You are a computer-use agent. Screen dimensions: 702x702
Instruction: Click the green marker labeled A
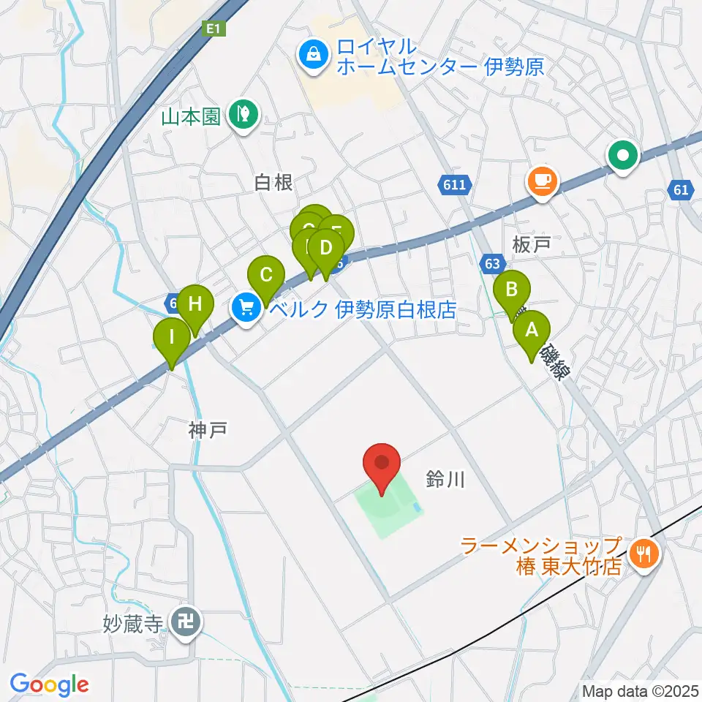click(532, 331)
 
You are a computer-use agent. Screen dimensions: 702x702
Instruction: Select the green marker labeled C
click(266, 276)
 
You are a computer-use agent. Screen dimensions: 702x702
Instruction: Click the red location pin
click(382, 465)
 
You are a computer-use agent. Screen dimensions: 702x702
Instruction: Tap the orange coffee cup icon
click(542, 180)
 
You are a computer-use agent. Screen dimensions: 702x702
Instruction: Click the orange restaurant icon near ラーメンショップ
click(643, 554)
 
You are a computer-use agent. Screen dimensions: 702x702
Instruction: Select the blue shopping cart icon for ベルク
click(246, 307)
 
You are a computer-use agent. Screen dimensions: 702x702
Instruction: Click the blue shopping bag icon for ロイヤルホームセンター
click(313, 56)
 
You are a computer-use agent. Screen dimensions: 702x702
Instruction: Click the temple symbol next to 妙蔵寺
click(181, 622)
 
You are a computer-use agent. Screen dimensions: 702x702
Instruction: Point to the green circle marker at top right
click(624, 156)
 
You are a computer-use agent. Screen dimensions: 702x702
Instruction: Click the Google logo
click(49, 684)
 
